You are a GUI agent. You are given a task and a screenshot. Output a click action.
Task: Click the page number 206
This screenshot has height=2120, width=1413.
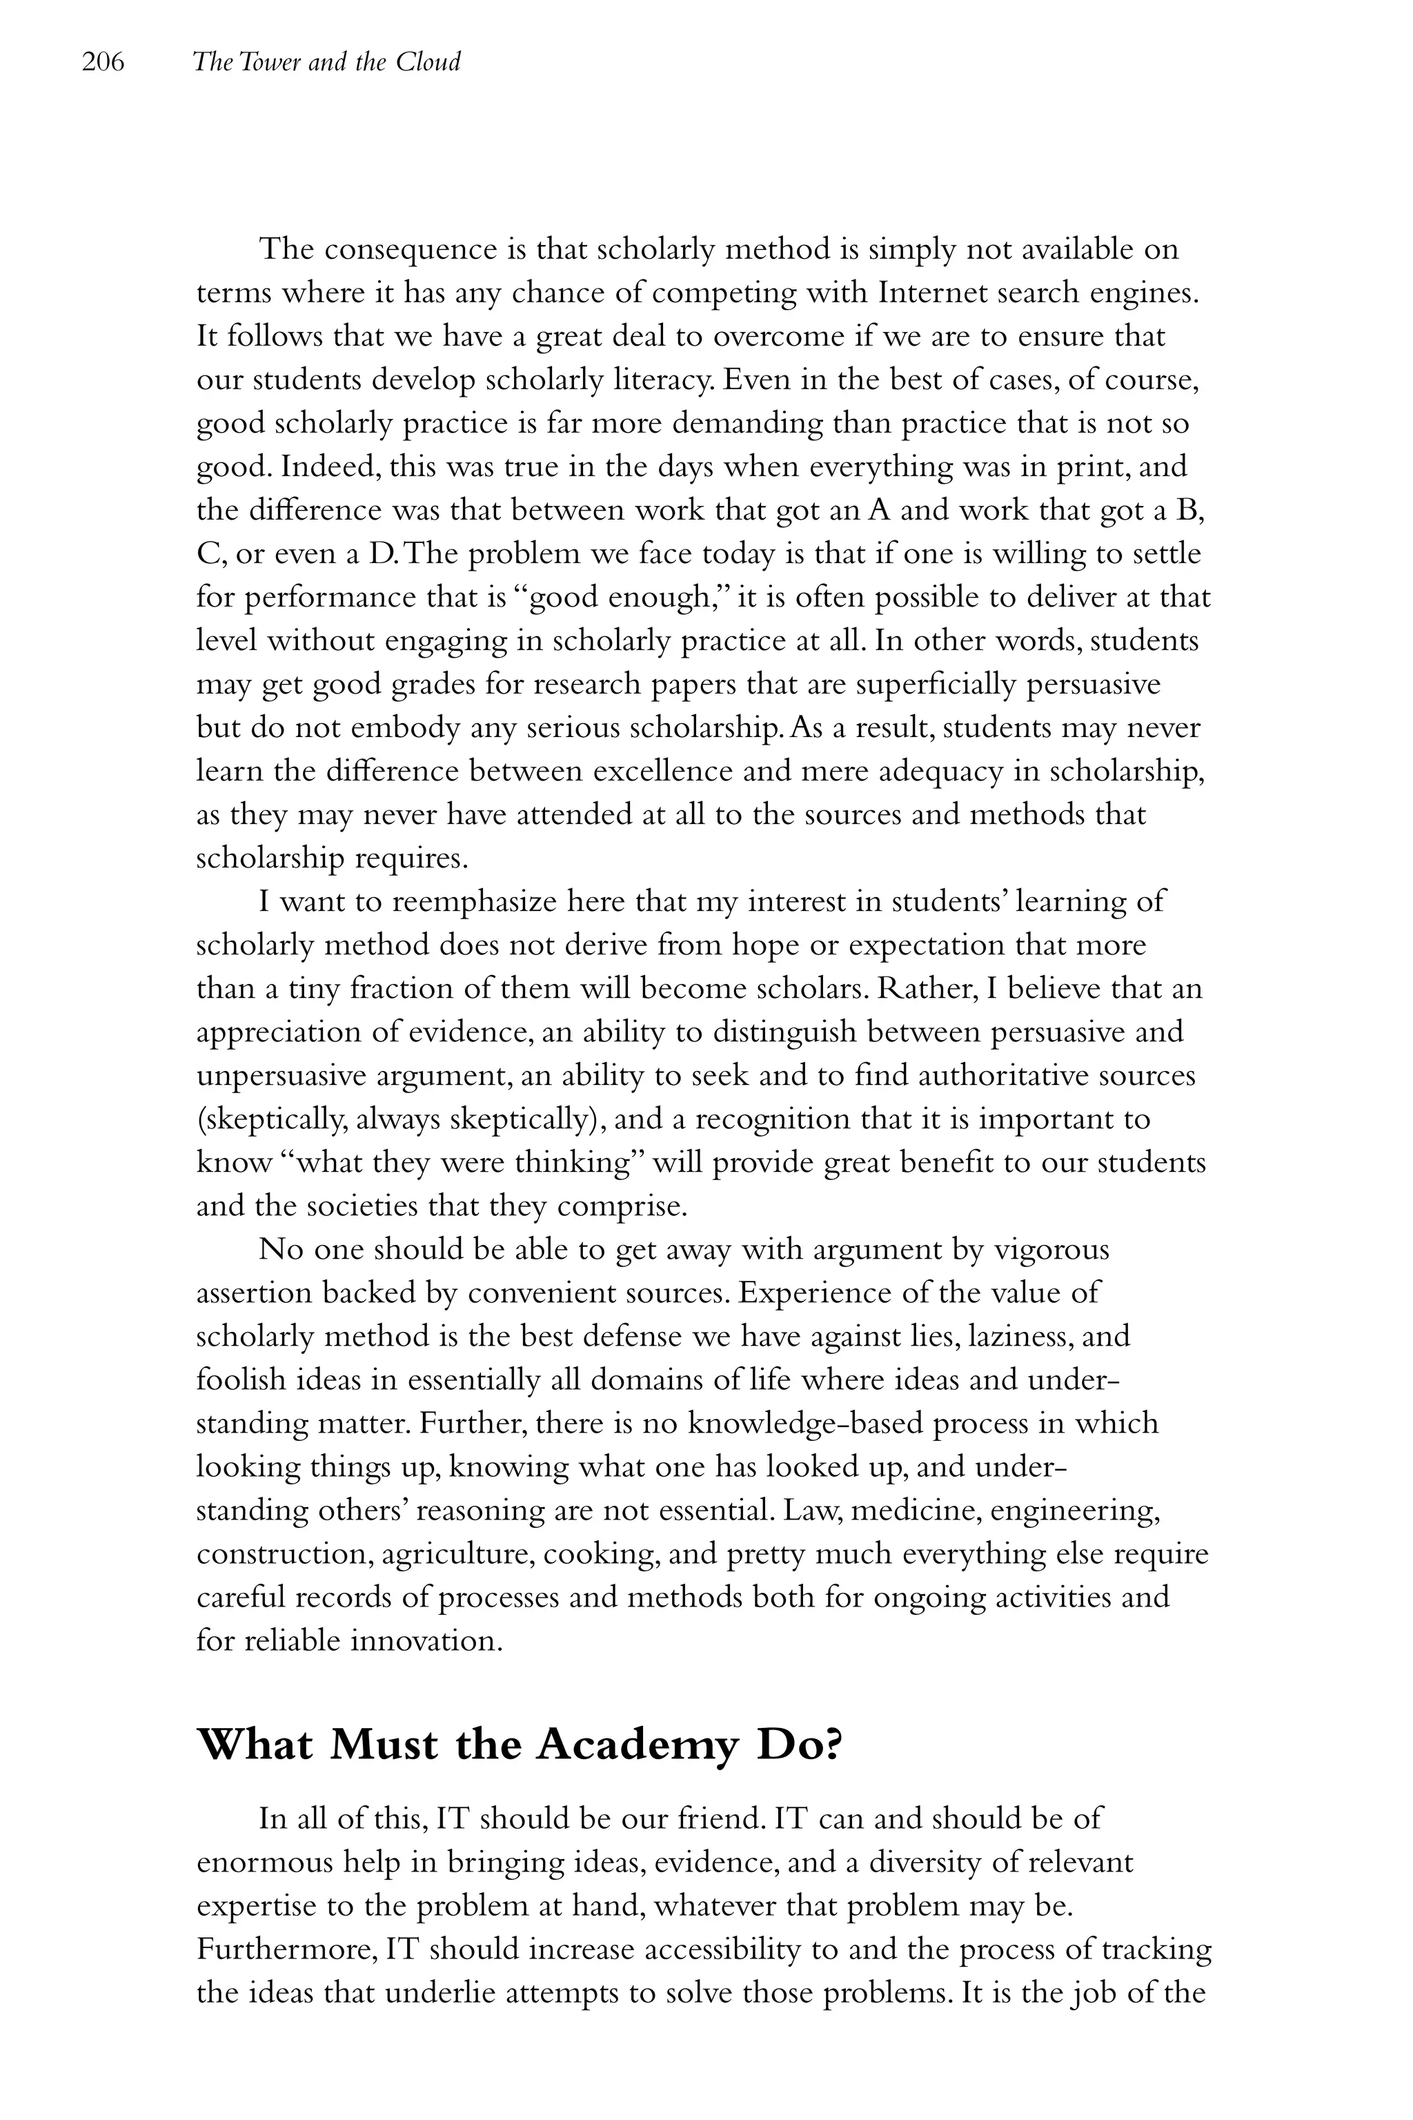[103, 62]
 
